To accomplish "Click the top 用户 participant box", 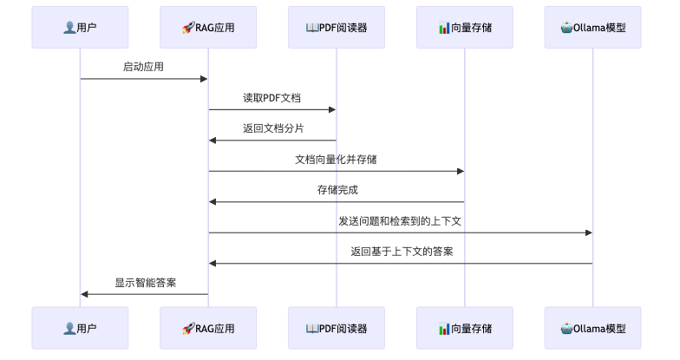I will [x=80, y=28].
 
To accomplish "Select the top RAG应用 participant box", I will [x=208, y=28].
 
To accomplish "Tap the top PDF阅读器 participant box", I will [x=337, y=28].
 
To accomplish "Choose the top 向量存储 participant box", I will [x=464, y=28].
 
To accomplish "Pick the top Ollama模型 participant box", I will [x=593, y=28].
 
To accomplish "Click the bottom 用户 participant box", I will [x=80, y=329].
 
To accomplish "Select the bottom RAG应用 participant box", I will [x=208, y=329].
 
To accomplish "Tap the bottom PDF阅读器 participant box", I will [x=337, y=329].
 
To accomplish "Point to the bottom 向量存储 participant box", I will [x=464, y=329].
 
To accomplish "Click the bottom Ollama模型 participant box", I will [x=593, y=329].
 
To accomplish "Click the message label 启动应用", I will [x=143, y=67].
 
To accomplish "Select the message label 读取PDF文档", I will [x=271, y=98].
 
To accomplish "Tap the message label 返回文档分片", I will [x=272, y=128].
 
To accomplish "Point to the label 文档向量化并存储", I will [x=336, y=160].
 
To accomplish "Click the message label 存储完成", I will [x=337, y=190].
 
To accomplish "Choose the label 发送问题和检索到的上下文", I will [x=400, y=221].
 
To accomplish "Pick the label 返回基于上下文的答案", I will [x=401, y=252].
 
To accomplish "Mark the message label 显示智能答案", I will [x=145, y=283].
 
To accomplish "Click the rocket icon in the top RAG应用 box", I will [x=186, y=28].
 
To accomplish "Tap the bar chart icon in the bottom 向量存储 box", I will [x=443, y=329].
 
